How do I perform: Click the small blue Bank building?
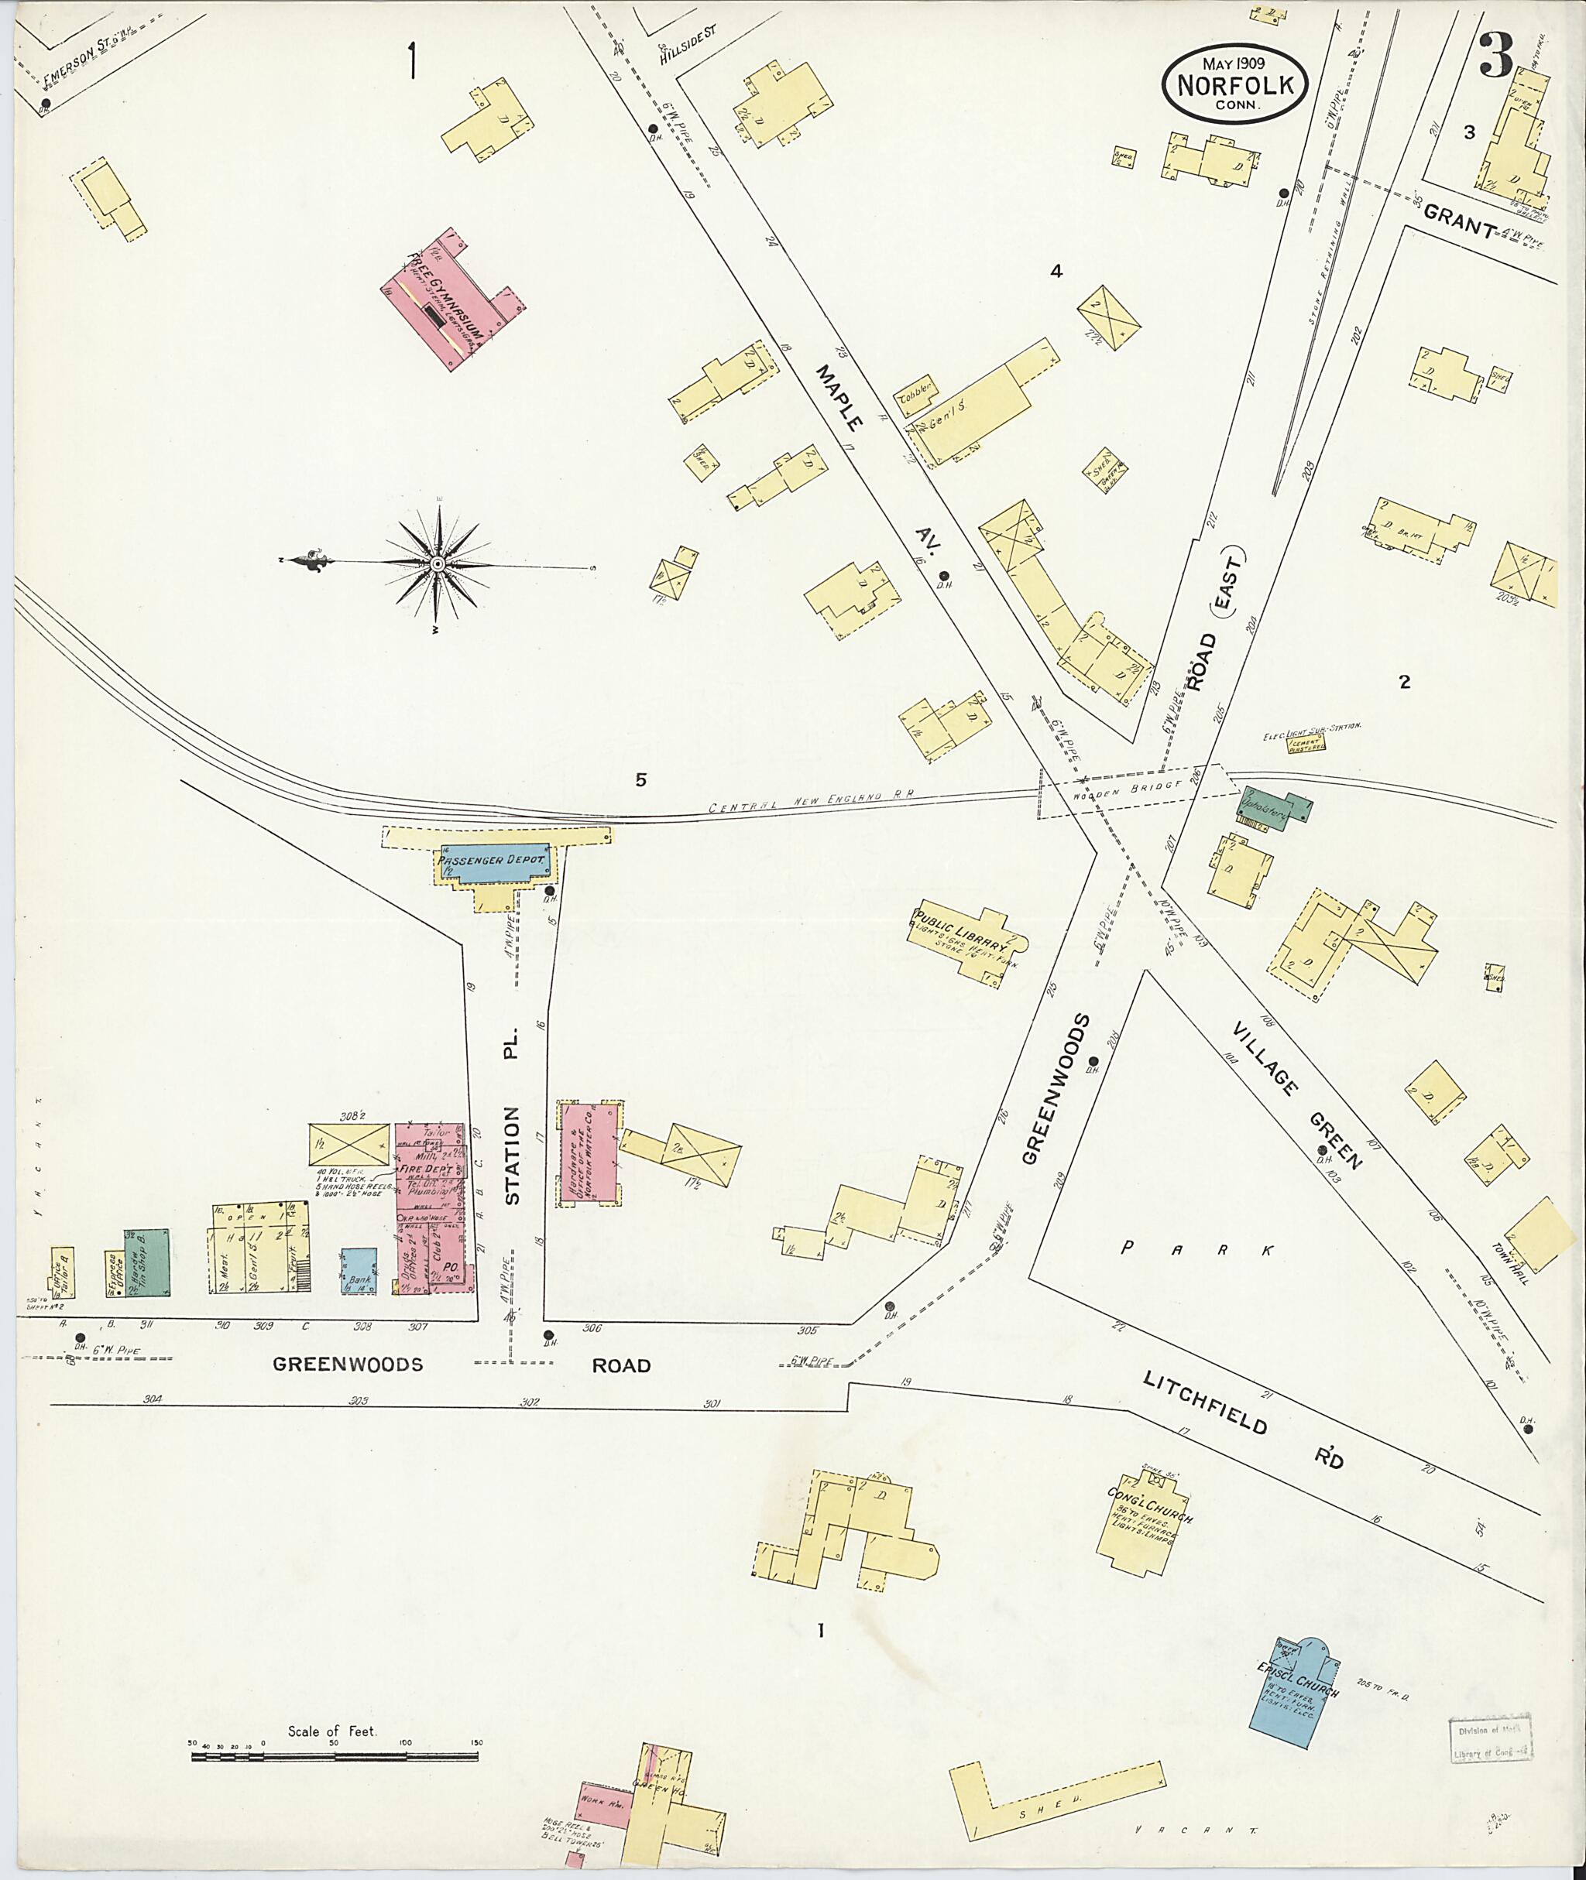coord(359,1271)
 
